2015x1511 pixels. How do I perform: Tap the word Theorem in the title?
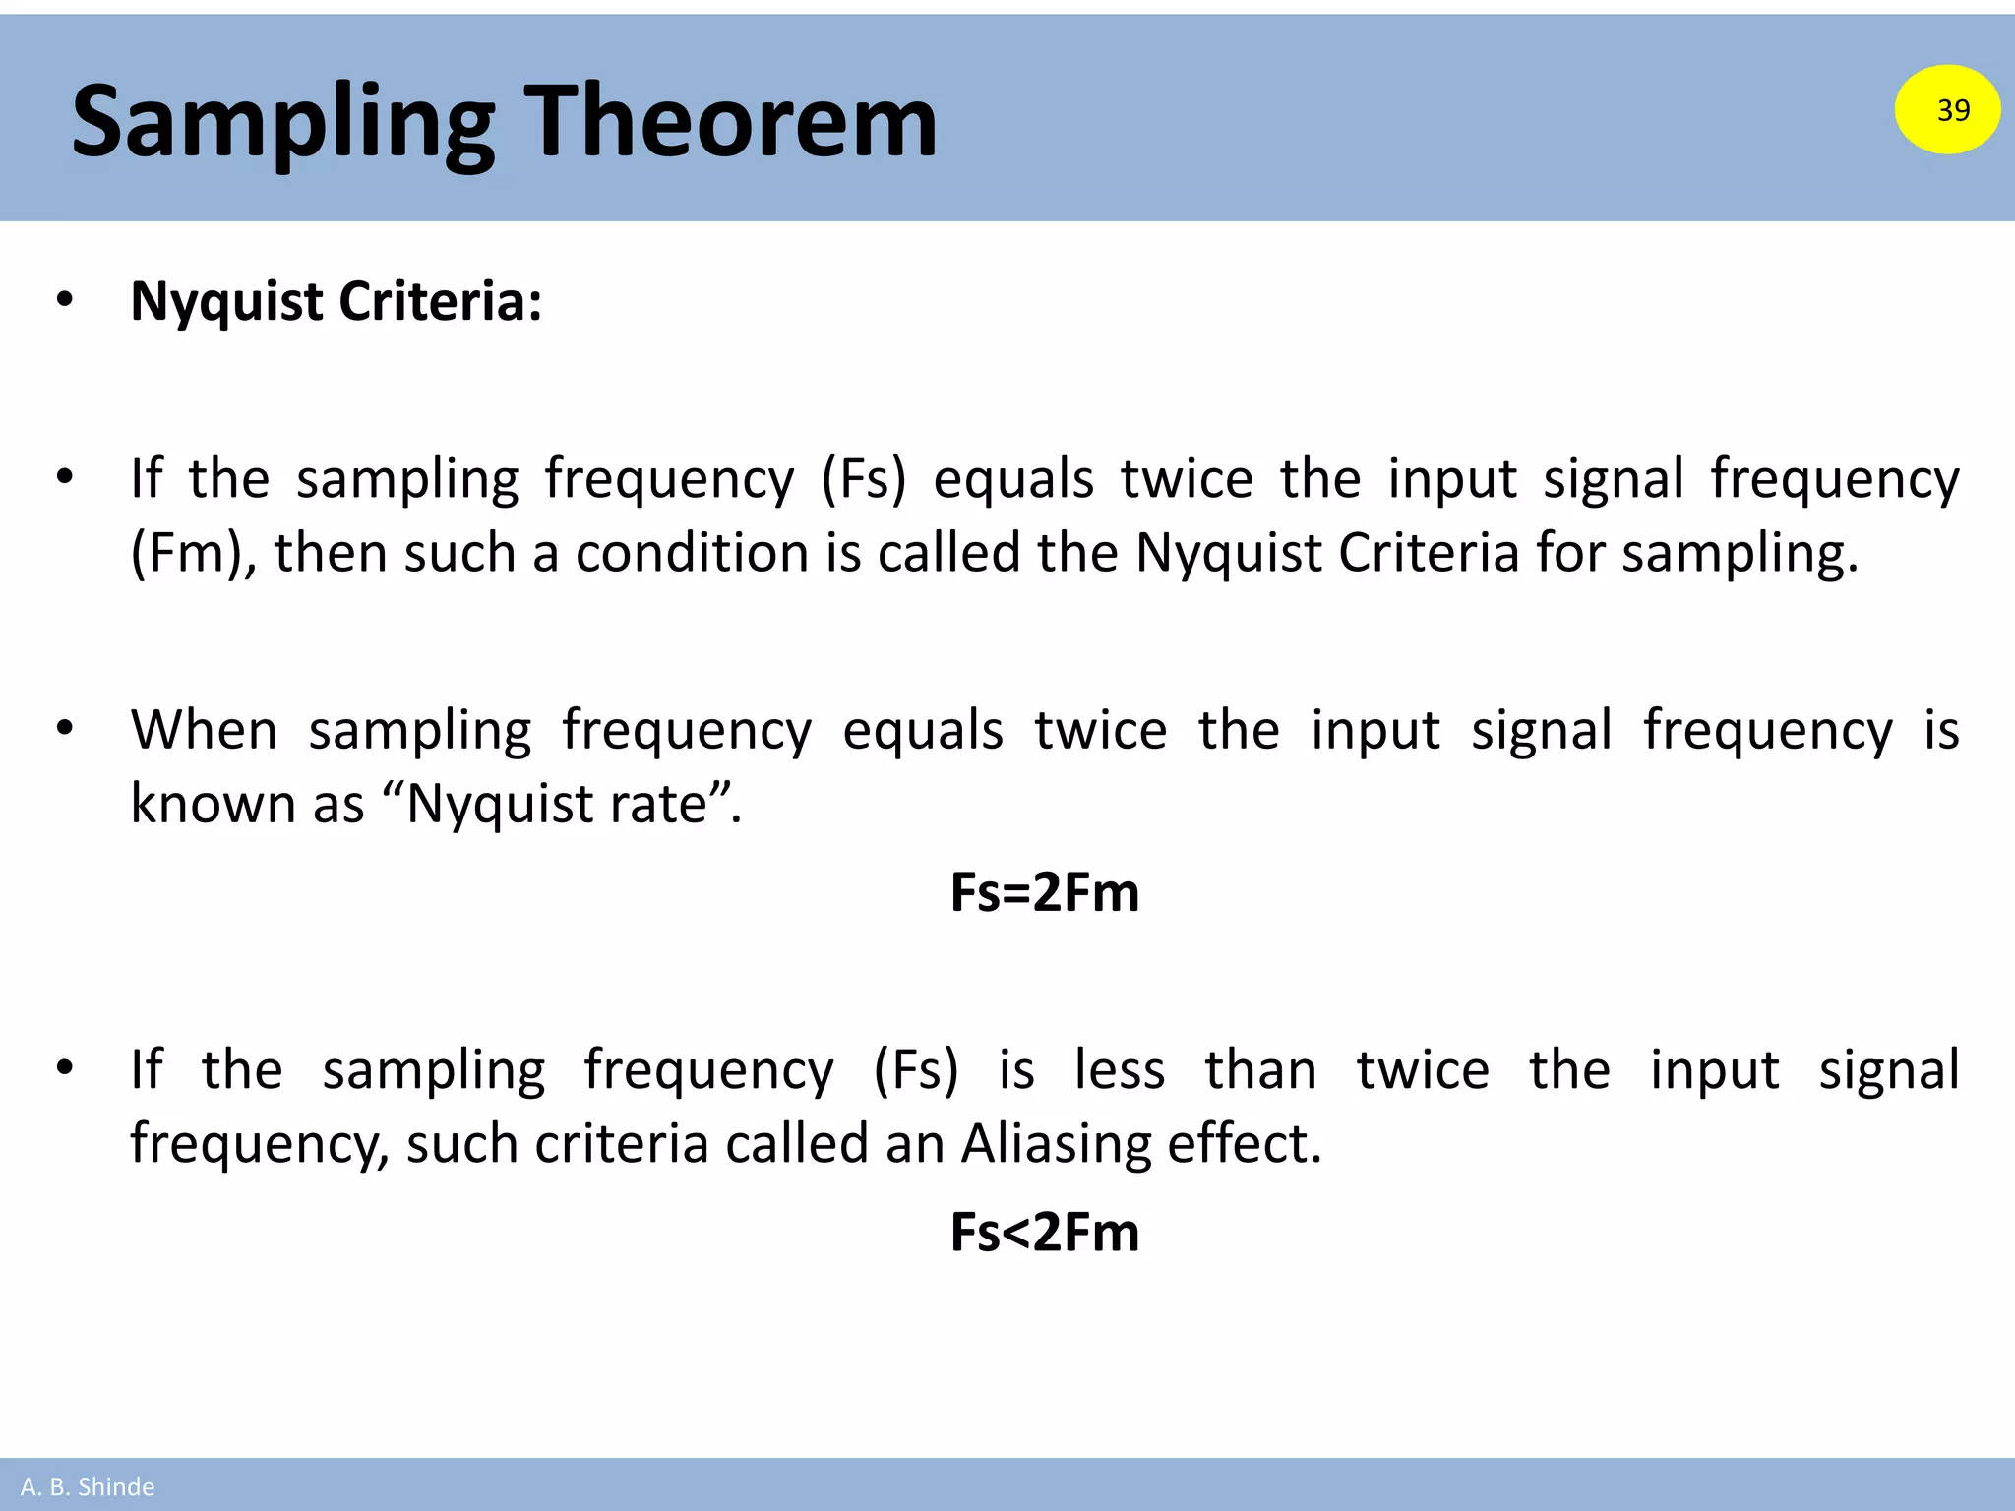click(734, 122)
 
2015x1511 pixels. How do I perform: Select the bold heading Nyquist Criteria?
click(336, 301)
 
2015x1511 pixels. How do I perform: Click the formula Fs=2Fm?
click(1044, 893)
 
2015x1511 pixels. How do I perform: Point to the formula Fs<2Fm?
click(1044, 1232)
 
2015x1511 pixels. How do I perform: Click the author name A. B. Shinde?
click(88, 1486)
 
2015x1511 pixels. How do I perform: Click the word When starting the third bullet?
click(205, 731)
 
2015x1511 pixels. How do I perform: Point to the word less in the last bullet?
click(1119, 1070)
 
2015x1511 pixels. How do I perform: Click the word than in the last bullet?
click(1260, 1070)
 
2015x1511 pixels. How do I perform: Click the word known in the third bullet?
click(213, 805)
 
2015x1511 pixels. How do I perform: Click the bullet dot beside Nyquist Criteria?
click(65, 300)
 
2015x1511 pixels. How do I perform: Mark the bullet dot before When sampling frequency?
click(65, 730)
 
